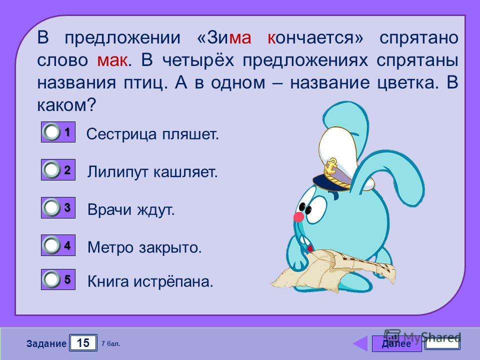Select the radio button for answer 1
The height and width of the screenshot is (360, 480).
(x=51, y=132)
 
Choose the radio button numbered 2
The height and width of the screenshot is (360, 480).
(x=51, y=169)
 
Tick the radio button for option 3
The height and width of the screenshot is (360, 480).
(x=51, y=207)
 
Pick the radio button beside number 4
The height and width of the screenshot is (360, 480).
(x=51, y=245)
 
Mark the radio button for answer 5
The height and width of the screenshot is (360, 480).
(x=51, y=279)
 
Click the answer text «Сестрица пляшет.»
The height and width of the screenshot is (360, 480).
(x=152, y=134)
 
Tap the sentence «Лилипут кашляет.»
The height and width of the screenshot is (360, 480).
(x=152, y=172)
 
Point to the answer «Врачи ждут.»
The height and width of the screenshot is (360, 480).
(x=131, y=210)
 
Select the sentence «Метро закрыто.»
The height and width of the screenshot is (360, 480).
(x=144, y=247)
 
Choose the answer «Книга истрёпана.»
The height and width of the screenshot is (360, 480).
(x=150, y=281)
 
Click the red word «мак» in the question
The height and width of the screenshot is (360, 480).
(x=112, y=60)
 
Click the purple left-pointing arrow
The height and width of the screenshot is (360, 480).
(x=360, y=343)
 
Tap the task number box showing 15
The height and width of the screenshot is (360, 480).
(x=83, y=343)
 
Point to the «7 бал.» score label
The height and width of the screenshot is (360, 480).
(x=111, y=344)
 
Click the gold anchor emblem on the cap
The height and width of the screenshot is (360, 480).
(x=331, y=167)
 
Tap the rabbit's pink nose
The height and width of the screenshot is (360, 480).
(x=298, y=217)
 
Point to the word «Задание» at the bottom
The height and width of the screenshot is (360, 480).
(x=46, y=344)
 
